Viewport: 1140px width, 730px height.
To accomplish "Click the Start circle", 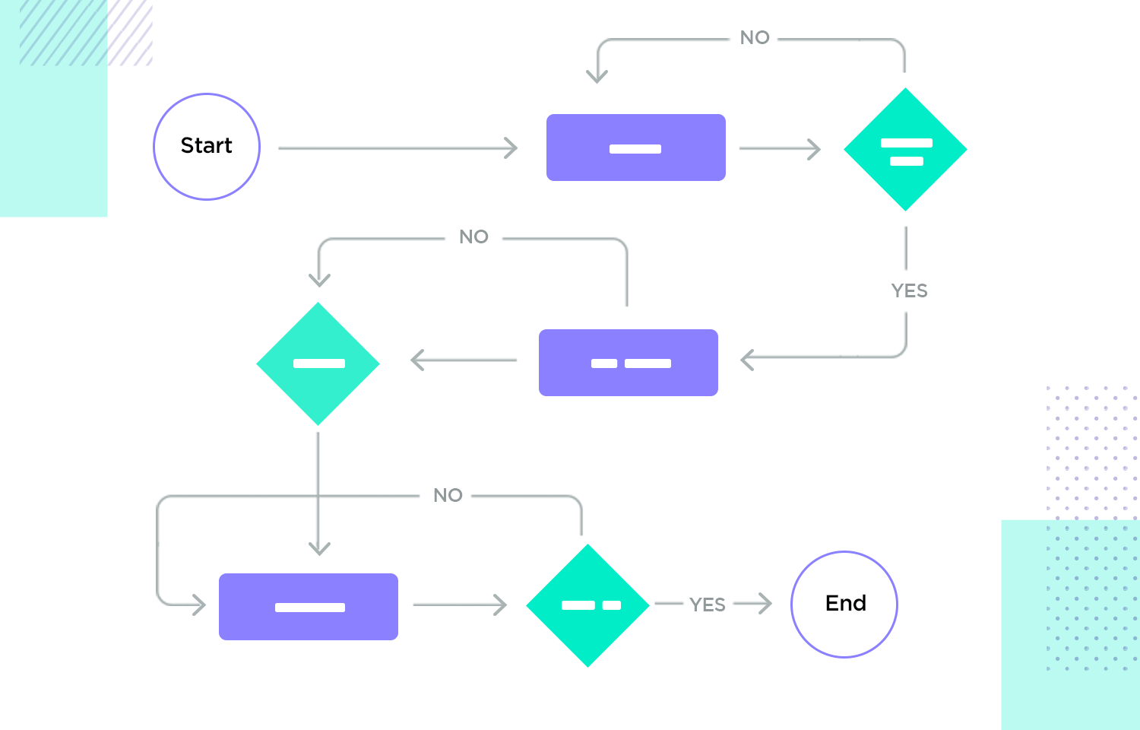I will click(207, 147).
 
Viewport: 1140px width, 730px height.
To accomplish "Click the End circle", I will click(844, 605).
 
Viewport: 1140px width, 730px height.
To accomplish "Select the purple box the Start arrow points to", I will click(636, 148).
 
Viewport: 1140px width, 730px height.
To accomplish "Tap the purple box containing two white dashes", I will click(629, 363).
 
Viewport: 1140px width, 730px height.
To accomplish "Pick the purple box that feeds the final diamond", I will click(309, 607).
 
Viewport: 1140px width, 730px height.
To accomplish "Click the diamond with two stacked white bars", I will click(905, 150).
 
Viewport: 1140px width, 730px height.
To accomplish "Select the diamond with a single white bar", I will click(318, 363).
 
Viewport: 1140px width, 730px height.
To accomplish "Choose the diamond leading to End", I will click(587, 605).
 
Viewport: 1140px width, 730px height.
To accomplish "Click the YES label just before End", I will click(708, 605).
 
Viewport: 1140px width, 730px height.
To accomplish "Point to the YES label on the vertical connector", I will click(909, 290).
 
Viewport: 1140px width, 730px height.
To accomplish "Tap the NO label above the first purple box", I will click(755, 38).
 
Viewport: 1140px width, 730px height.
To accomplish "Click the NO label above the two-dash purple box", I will click(473, 237).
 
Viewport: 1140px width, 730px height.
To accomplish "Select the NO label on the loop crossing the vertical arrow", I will click(448, 496).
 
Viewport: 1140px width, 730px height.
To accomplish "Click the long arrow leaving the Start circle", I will click(395, 148).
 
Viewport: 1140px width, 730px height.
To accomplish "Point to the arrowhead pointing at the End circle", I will click(765, 604).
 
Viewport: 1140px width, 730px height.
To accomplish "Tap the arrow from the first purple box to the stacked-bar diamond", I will click(779, 148).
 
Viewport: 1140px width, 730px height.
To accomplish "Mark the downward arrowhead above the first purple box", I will click(597, 75).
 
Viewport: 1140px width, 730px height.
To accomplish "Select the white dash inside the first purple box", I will click(635, 149).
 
